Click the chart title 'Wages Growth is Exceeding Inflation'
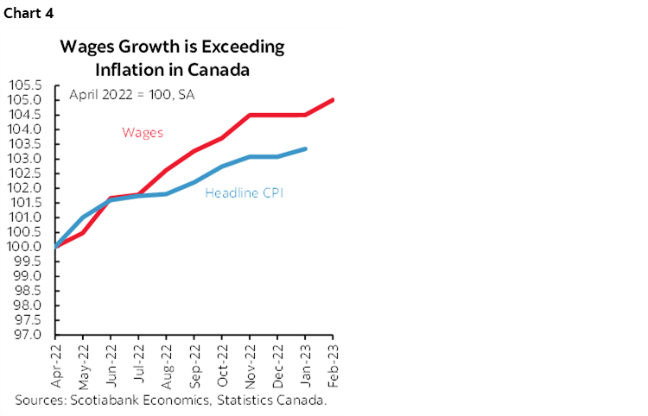pos(171,47)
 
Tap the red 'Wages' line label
pos(143,132)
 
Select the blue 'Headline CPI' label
pos(245,193)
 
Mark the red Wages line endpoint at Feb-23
pos(333,100)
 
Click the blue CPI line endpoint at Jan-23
pos(305,149)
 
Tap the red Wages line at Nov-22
pos(250,115)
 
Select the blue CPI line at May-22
pos(84,217)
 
